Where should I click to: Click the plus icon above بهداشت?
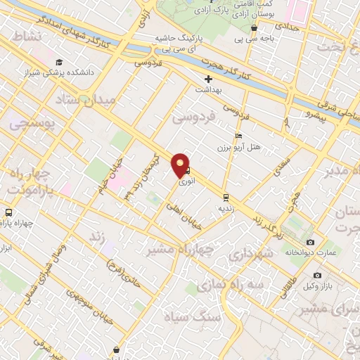point(209,79)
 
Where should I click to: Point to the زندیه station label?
point(225,208)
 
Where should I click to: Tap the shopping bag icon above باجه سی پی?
point(254,28)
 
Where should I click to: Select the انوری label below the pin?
point(186,182)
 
